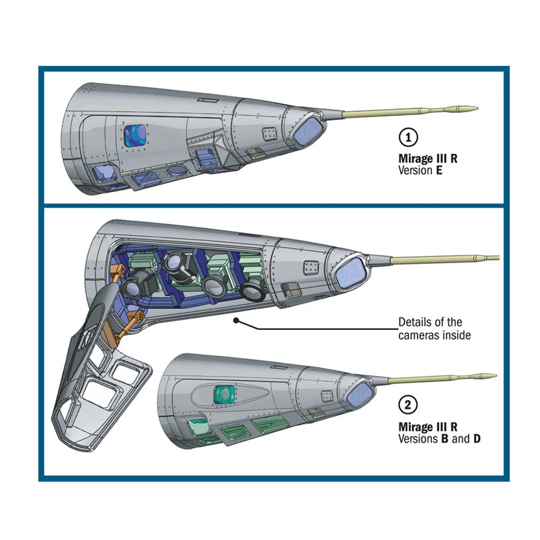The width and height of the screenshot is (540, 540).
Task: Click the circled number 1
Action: coord(408,138)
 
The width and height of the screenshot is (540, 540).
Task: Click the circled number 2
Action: coord(408,405)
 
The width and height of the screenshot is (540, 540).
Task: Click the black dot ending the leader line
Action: coord(236,321)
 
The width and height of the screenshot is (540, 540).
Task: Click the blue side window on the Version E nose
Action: coord(135,134)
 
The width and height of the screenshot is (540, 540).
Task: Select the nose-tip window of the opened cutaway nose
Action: coord(350,273)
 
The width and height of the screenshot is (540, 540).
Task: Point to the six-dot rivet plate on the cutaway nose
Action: coord(310,267)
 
